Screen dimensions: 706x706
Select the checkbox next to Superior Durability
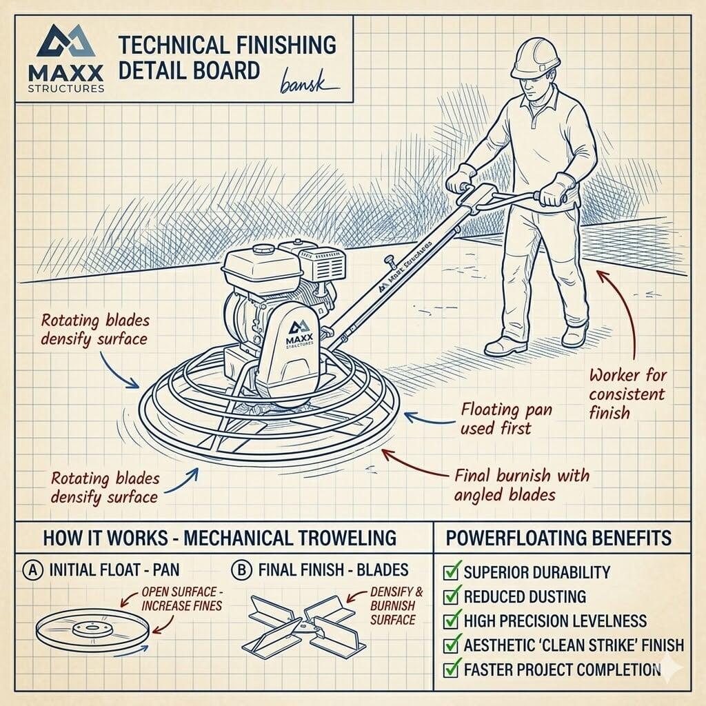(x=451, y=572)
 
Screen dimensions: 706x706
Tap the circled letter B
(x=242, y=571)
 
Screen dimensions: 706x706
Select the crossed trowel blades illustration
(x=303, y=624)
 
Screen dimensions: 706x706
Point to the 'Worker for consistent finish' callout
(x=627, y=394)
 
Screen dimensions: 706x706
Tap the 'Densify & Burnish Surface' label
(x=396, y=605)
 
